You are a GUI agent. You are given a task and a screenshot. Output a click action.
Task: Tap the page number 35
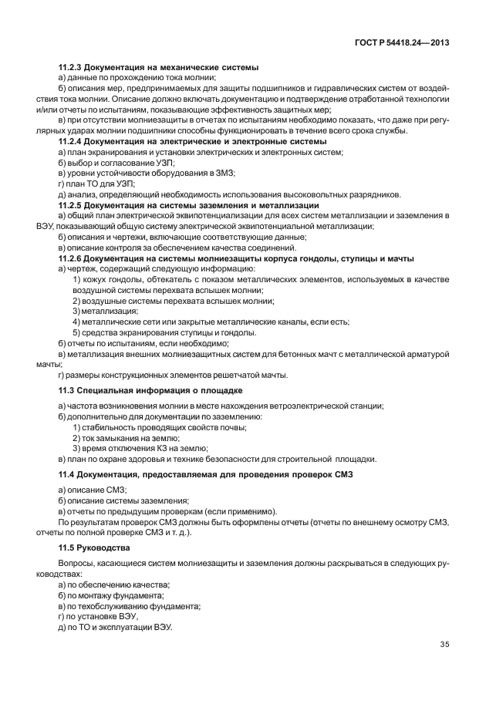coord(444,644)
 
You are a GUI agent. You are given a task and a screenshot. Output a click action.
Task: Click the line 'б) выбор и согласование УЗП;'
coord(116,163)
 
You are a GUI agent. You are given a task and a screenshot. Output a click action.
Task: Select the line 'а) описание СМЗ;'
coord(93,490)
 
